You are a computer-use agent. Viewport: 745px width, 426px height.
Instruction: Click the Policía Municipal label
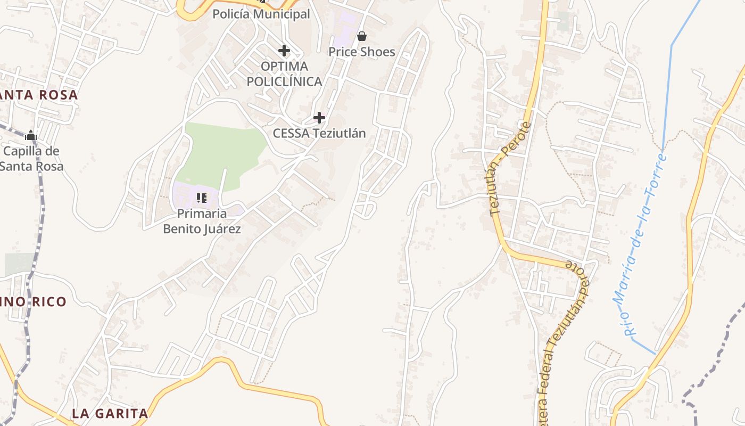click(261, 14)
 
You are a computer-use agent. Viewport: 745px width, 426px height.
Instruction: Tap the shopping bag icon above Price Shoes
click(362, 36)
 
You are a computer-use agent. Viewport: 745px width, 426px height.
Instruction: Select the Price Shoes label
click(362, 52)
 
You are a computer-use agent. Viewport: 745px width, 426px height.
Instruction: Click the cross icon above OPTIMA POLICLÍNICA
click(284, 51)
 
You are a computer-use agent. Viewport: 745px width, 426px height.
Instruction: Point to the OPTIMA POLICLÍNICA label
click(284, 74)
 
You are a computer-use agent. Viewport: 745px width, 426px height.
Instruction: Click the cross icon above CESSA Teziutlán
click(319, 117)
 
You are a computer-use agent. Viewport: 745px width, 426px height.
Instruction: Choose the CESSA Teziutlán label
click(319, 133)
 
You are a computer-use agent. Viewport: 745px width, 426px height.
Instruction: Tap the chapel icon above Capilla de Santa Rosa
click(31, 136)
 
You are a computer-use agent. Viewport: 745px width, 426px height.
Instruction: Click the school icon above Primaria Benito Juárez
click(201, 198)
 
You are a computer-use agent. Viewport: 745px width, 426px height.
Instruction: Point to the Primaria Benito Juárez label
click(202, 222)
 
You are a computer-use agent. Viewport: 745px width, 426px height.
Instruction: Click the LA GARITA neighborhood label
click(110, 413)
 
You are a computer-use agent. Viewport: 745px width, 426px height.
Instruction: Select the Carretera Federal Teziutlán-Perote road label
click(564, 341)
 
